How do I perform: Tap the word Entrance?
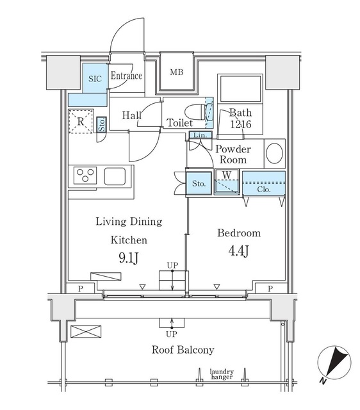point(126,76)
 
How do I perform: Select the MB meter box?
point(176,72)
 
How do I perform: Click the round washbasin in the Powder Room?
point(275,154)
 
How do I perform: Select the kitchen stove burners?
point(85,174)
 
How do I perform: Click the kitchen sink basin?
point(116,174)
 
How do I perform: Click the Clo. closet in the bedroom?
point(263,189)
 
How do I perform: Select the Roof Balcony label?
point(183,350)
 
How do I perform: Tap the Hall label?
point(132,115)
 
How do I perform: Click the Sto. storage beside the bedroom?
point(199,184)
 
